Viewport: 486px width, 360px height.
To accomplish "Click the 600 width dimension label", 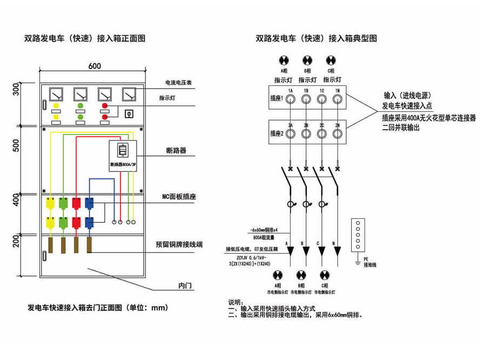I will (95, 66).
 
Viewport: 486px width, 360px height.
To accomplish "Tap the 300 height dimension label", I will (16, 90).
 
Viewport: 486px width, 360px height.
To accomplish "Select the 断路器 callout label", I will (177, 151).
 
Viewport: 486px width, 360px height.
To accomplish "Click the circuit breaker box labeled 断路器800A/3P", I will (123, 156).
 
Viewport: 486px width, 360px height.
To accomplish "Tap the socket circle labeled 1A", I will (290, 99).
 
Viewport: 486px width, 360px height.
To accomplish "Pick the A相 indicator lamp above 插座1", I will (284, 60).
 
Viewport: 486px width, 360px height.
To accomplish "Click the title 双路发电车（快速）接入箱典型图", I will (316, 38).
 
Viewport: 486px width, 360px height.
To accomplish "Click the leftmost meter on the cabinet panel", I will (56, 95).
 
